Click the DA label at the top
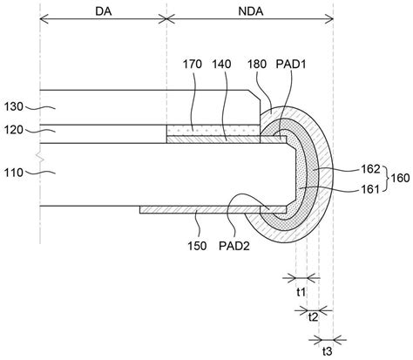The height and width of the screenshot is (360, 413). coord(104,11)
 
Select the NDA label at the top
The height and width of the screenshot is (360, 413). coord(251,11)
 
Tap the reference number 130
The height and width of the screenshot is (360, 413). coord(13,107)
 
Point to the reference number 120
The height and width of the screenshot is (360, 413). coord(13,130)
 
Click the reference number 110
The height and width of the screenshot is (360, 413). coord(13,173)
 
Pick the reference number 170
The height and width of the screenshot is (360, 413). coord(193,65)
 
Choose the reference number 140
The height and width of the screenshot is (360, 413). coord(221,65)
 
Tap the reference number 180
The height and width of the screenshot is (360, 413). coord(257,65)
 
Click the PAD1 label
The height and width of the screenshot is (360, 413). coord(291,65)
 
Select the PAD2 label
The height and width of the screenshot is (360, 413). coord(234,246)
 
